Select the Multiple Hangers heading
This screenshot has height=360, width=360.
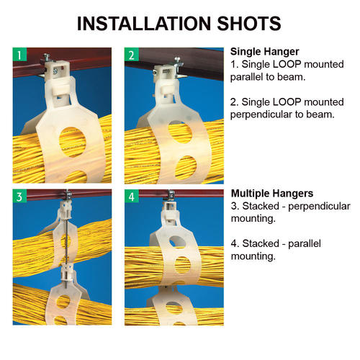271,194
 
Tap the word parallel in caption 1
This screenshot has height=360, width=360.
248,77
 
